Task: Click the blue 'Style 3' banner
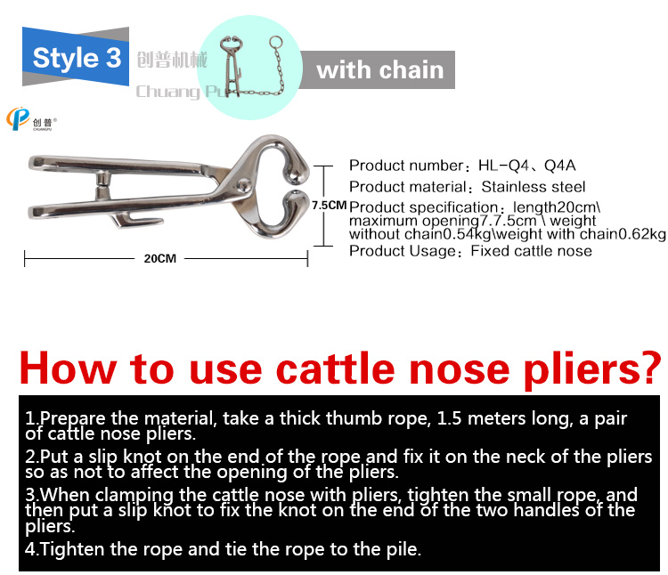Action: click(x=76, y=57)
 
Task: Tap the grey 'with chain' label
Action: click(x=379, y=70)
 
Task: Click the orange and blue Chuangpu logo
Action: click(x=18, y=118)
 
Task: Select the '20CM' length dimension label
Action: click(x=159, y=258)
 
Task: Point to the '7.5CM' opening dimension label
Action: click(x=330, y=205)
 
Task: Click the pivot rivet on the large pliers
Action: click(x=244, y=185)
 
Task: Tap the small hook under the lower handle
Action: click(x=137, y=220)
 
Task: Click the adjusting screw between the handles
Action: click(x=102, y=184)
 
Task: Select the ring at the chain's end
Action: click(x=275, y=43)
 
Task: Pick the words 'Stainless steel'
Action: click(x=534, y=186)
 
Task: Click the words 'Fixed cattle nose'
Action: click(x=531, y=251)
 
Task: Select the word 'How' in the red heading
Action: click(x=69, y=368)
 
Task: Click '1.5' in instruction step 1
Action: click(x=449, y=418)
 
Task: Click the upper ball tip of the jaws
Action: click(x=294, y=174)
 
